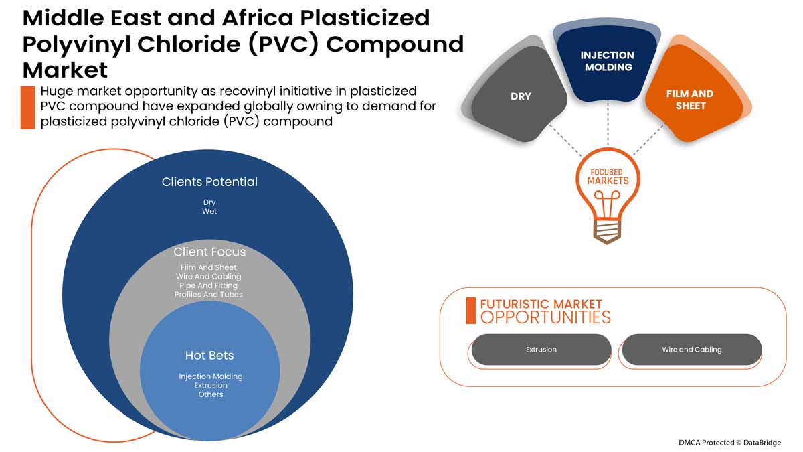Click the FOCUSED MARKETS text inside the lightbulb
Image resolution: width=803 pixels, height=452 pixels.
[608, 177]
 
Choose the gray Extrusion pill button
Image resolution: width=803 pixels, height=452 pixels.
[541, 350]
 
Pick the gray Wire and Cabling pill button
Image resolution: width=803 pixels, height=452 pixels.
[692, 350]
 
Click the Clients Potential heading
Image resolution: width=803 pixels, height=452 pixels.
[209, 182]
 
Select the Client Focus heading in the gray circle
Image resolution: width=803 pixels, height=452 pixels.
[209, 252]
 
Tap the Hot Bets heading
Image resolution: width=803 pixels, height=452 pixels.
[209, 356]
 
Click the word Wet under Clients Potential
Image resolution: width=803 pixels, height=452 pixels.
[209, 212]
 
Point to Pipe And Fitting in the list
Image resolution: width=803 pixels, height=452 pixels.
[209, 285]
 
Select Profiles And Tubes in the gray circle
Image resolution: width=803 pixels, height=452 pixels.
[209, 295]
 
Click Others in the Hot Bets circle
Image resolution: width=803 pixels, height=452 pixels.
[210, 394]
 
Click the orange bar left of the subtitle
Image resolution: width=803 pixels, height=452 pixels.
[27, 107]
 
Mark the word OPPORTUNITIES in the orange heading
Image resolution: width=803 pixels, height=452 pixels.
[545, 317]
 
